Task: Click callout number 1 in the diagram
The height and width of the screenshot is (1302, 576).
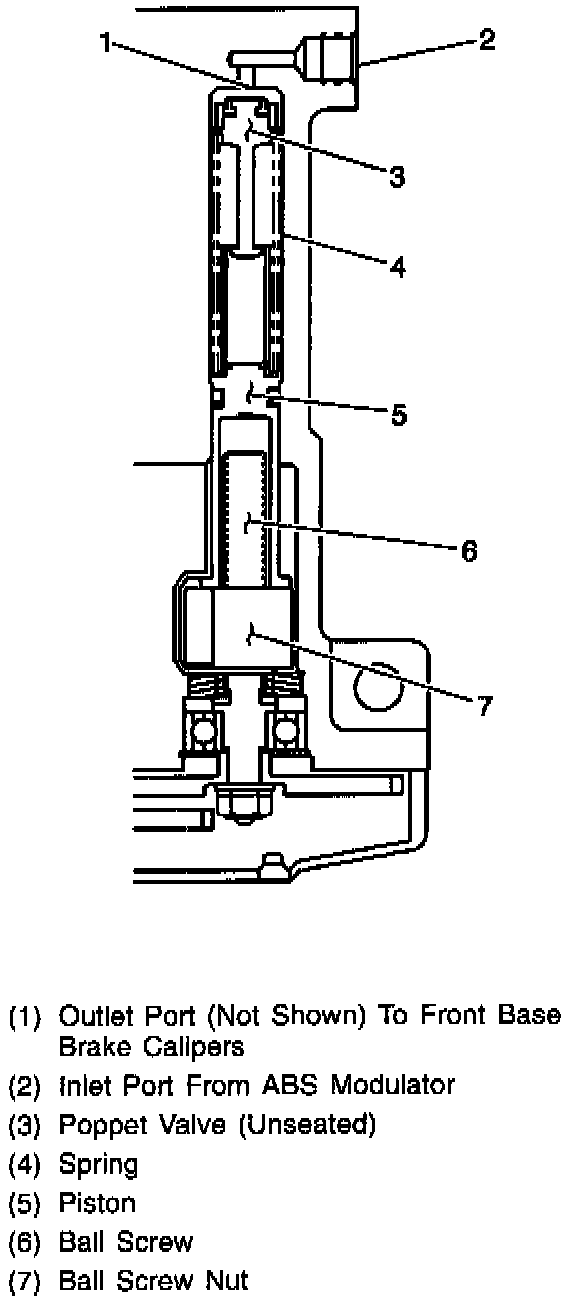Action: tap(105, 42)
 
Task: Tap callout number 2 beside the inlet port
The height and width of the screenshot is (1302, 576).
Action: tap(486, 39)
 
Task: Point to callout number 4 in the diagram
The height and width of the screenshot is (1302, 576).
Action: tap(397, 266)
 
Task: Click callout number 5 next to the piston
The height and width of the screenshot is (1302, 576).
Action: tap(398, 415)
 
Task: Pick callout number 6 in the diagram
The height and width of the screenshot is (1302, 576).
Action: tap(469, 550)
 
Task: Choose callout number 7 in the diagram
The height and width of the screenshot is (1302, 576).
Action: tap(484, 706)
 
